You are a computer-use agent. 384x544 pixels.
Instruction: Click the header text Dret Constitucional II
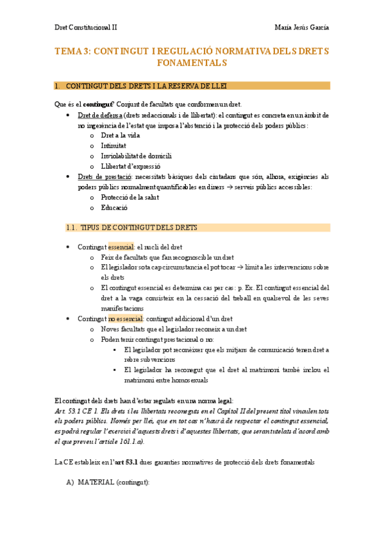85,28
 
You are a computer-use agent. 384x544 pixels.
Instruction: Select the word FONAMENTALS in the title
192,63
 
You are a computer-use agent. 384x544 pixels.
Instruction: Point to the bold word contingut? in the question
98,105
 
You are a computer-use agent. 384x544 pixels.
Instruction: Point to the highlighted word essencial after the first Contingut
121,247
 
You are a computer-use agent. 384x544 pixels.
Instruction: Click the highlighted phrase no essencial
125,319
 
